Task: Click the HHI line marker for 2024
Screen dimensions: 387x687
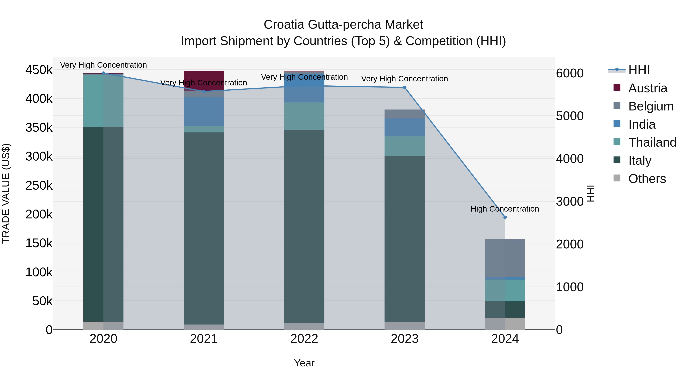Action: tap(505, 217)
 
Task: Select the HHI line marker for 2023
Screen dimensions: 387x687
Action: tap(405, 87)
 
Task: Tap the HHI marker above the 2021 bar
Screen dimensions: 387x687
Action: tap(204, 91)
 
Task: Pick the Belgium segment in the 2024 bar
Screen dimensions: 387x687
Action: tap(505, 258)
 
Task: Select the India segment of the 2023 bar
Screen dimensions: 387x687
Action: tap(405, 127)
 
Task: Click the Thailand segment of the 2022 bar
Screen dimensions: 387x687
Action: tap(304, 116)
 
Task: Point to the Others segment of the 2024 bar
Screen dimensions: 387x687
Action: tap(505, 323)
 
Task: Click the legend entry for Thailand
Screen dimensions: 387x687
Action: tap(652, 142)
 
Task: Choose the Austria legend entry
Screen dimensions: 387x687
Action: tap(647, 88)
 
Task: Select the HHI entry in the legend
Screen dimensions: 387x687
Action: tap(639, 70)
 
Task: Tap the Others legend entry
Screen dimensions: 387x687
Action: tap(647, 179)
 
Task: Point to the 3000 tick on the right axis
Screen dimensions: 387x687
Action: tap(570, 201)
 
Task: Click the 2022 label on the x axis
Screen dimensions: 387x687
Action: tap(304, 339)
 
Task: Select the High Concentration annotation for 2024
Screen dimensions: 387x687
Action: tap(505, 209)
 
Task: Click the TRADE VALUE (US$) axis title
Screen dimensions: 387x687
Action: tap(6, 193)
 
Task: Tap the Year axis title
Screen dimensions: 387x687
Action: tap(304, 363)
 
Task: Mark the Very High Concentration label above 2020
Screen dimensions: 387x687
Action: tap(103, 65)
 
